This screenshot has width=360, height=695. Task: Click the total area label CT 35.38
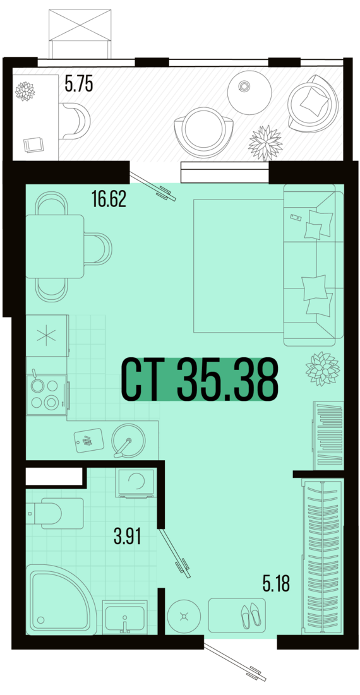200,379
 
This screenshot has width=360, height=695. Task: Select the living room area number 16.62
109,200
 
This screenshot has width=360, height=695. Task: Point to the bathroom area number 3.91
128,538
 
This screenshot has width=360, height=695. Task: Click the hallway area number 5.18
276,584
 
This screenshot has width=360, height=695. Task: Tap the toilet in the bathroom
55,513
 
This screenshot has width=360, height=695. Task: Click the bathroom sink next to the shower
124,617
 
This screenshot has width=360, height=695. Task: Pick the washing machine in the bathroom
136,483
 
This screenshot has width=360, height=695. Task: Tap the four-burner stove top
46,394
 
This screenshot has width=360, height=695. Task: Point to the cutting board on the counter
89,441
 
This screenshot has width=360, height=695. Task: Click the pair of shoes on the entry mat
251,615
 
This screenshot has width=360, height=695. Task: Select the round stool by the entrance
184,615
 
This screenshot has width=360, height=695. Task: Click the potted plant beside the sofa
322,369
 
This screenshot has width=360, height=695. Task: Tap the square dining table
55,246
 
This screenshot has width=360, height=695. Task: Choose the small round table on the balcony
249,92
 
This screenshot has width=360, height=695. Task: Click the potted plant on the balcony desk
25,91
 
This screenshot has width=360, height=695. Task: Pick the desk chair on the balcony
75,121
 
